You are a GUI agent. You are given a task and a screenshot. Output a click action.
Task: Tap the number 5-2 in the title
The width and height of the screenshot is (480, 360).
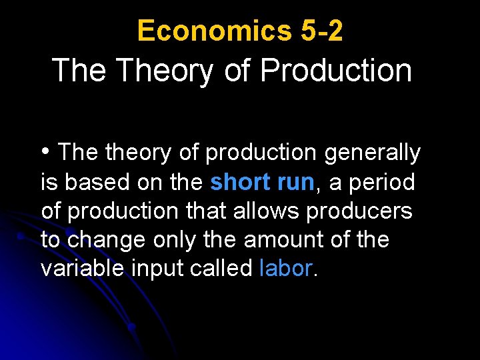point(318,31)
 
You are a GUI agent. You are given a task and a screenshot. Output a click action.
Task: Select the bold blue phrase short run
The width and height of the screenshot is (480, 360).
point(262,182)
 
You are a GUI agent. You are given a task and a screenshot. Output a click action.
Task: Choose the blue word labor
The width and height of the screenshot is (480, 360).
point(285,268)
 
